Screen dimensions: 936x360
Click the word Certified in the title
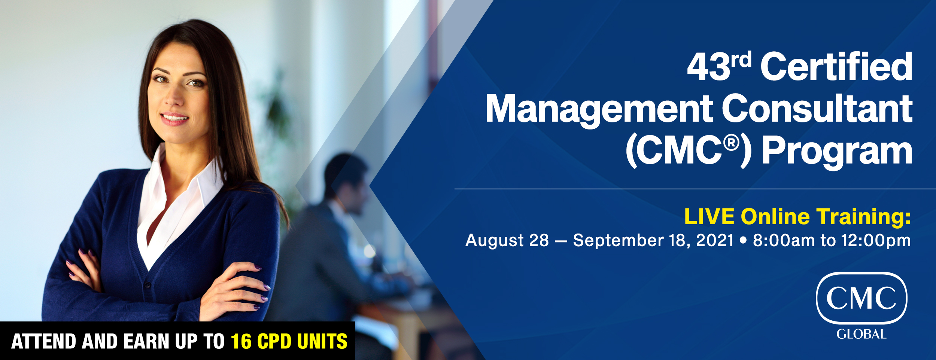[x=836, y=66]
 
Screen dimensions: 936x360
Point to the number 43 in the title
[x=709, y=67]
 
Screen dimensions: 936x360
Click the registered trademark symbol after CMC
[x=731, y=143]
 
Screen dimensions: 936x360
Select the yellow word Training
[x=863, y=217]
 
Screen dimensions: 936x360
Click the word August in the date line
[x=494, y=241]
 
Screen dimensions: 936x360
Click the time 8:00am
[x=784, y=240]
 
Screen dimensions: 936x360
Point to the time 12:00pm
[x=876, y=241]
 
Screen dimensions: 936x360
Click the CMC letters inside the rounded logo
[x=861, y=298]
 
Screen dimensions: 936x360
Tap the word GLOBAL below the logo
[x=861, y=334]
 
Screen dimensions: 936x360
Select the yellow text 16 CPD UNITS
[x=289, y=341]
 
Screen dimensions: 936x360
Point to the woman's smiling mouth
[x=174, y=119]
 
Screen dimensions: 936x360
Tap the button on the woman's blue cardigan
[x=148, y=285]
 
